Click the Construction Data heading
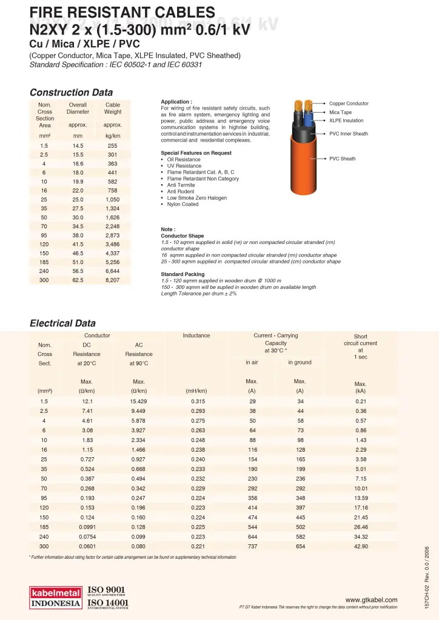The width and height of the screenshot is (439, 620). pos(71,93)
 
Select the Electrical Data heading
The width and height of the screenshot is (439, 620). pos(62,323)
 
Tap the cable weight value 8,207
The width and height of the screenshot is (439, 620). pos(112,280)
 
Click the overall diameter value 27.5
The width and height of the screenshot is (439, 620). pos(78,208)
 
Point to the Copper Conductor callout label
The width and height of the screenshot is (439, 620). pos(349,104)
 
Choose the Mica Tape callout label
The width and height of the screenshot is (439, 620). pos(340,112)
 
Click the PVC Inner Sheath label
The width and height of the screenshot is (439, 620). pos(348,134)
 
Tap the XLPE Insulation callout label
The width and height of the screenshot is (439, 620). pos(346,120)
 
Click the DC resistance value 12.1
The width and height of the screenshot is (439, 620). pos(87,401)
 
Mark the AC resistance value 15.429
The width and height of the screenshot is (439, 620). pos(139,401)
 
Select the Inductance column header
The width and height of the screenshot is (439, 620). pos(196,335)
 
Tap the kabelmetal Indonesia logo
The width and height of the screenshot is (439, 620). pos(56,596)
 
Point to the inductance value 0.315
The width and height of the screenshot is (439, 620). pos(198,401)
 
